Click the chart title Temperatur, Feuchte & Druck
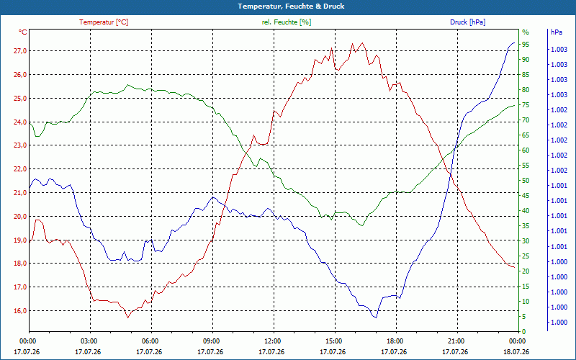291,6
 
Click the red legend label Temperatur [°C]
104,22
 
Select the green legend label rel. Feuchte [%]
286,22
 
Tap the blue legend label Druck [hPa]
467,22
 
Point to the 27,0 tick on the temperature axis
20,51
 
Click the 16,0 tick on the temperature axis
20,311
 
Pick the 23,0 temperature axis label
20,145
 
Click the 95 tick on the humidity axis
526,45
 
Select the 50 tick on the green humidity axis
526,181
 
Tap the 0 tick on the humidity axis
524,332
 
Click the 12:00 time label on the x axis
271,341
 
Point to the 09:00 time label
210,341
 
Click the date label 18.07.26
516,352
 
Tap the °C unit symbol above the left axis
23,32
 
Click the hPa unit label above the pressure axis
556,32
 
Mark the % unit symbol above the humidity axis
526,32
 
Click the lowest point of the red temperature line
128,318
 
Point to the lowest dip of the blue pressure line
376,318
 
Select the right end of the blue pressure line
514,42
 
